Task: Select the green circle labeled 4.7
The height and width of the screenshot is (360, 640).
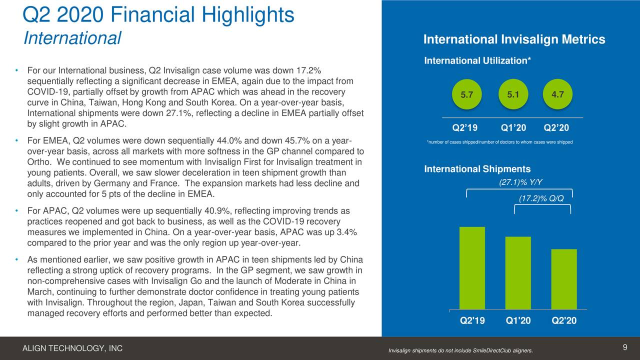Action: coord(556,94)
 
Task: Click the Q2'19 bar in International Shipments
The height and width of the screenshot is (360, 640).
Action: coord(472,268)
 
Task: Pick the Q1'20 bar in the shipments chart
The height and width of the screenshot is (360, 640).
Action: coord(518,273)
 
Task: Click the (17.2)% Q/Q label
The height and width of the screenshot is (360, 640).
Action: coord(541,198)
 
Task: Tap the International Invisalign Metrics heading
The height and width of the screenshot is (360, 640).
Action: coord(514,40)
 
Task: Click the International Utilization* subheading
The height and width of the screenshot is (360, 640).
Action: coord(477,61)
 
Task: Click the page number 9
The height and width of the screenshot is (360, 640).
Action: coord(625,348)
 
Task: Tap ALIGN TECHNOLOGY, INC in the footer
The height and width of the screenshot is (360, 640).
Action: coord(73,348)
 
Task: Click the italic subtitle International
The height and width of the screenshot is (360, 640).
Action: coord(72,38)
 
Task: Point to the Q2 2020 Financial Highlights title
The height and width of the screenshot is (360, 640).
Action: coord(158,15)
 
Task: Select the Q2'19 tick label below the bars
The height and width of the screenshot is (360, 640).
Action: coord(472,321)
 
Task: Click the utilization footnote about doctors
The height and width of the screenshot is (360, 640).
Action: coord(499,142)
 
